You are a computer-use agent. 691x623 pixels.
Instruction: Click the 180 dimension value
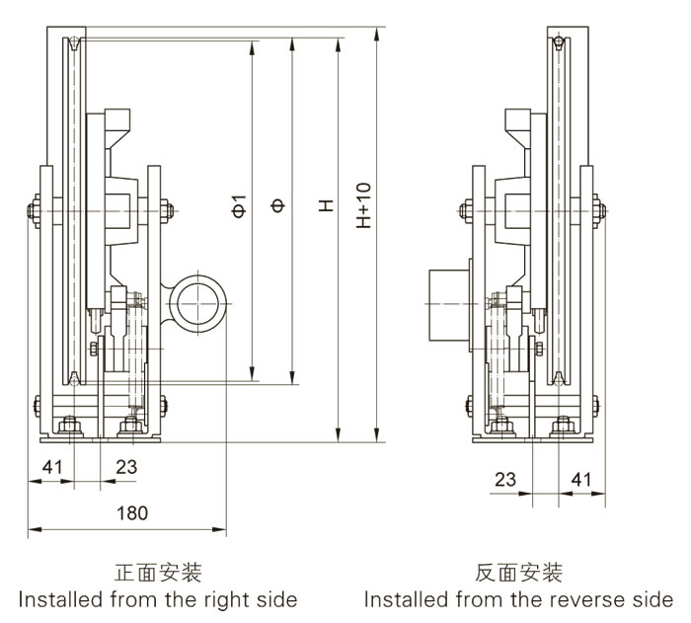coord(130,512)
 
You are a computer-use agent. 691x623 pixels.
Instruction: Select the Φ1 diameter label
coord(237,205)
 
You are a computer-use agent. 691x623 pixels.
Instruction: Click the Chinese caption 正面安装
coord(158,573)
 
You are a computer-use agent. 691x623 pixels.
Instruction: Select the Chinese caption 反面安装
coord(518,573)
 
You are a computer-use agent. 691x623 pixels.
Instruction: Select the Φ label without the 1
coord(278,205)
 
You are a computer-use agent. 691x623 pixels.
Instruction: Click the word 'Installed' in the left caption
coord(53,599)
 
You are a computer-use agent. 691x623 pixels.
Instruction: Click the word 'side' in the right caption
coord(653,599)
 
